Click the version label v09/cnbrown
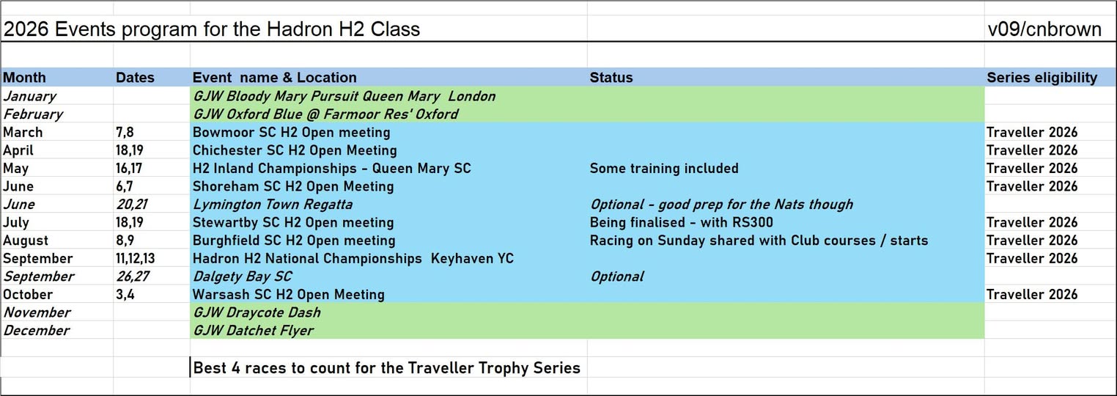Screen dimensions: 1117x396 tap(1044, 29)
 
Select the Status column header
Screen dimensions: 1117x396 tap(611, 77)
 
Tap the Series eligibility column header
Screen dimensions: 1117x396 tap(1042, 78)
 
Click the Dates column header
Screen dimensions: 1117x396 tap(135, 77)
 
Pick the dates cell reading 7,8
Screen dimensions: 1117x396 tap(125, 132)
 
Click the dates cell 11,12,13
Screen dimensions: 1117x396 tap(135, 258)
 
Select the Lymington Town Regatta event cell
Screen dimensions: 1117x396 tap(272, 205)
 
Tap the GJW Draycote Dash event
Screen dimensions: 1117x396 tap(257, 312)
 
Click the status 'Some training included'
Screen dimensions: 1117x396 tap(664, 169)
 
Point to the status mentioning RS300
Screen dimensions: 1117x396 tap(681, 222)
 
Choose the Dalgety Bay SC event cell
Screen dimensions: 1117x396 tap(242, 276)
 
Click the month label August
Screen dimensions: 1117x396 tap(26, 241)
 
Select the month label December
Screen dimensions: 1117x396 tap(36, 330)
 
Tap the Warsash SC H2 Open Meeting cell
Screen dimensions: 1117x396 tap(288, 295)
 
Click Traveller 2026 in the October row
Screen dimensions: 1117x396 tap(1032, 294)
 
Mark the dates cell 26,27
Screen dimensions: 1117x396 tap(132, 276)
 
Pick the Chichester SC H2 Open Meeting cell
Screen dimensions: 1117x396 tap(295, 150)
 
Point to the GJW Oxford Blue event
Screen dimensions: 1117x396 tap(325, 114)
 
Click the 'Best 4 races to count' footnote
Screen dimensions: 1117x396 tap(386, 368)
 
